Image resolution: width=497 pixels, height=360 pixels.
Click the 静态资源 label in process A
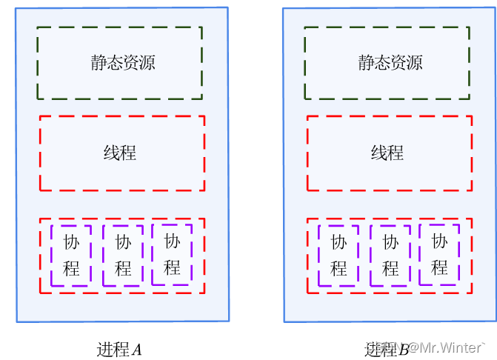coord(122,62)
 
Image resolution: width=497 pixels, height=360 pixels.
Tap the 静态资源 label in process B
coord(390,62)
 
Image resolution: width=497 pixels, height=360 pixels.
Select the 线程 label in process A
coord(119,153)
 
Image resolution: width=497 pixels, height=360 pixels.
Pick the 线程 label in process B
coord(387,153)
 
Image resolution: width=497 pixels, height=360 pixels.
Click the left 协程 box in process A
coord(71,256)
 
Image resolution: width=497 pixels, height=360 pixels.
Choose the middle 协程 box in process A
coord(123,256)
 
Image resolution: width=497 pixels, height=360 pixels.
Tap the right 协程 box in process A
coord(172,254)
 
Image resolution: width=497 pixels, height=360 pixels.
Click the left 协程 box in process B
coord(338,256)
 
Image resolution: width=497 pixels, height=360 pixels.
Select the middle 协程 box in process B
coord(390,256)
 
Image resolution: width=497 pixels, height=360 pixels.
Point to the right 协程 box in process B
coord(439,254)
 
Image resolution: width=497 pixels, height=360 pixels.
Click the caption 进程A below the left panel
coord(119,350)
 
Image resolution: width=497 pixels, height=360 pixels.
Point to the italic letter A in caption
coord(136,350)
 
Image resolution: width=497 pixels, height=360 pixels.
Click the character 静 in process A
coord(99,62)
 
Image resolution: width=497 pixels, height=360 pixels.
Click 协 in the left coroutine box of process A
coord(71,243)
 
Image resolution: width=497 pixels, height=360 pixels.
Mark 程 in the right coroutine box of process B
coord(439,267)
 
